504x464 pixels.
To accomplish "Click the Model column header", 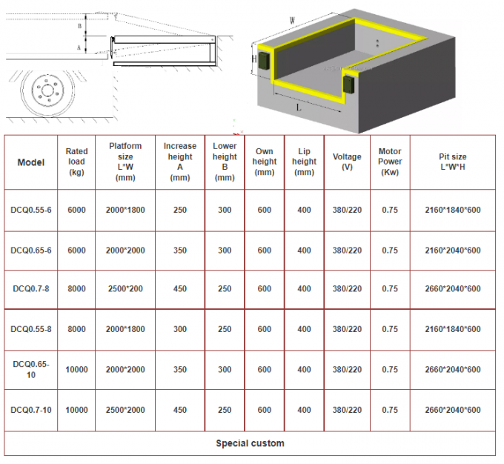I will click(30, 162).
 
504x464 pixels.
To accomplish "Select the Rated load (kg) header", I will click(76, 162).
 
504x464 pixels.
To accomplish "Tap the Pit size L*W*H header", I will click(453, 162).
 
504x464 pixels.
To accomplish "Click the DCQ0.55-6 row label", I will click(30, 210).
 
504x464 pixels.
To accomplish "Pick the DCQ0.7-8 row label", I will click(30, 288).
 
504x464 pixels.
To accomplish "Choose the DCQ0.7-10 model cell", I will click(30, 410).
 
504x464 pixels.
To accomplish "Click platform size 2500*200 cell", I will click(125, 288).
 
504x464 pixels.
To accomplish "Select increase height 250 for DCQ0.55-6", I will click(180, 210).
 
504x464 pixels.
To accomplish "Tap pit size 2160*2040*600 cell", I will click(453, 251).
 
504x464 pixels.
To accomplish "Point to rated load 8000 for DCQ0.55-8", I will click(76, 328).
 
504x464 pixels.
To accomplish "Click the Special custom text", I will click(250, 443).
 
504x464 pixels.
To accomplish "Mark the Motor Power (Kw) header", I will click(390, 162).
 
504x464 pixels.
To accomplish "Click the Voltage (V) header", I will click(347, 162).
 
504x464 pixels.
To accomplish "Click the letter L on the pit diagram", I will click(298, 107).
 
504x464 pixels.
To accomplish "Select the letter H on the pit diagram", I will click(254, 58).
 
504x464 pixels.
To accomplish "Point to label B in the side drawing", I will click(80, 25).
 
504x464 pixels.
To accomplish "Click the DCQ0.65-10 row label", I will click(30, 369).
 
